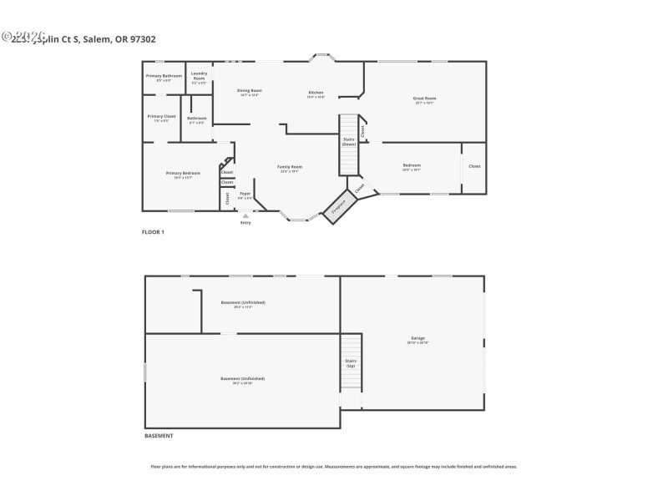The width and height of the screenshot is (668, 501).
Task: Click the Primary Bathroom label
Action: [x=164, y=78]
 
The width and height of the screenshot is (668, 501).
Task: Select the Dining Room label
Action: [x=249, y=92]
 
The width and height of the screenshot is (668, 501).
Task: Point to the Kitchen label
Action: [x=316, y=94]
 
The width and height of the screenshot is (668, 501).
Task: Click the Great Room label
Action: [x=424, y=100]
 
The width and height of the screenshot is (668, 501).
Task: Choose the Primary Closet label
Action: [x=161, y=118]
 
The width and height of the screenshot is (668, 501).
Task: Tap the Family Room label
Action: [x=290, y=169]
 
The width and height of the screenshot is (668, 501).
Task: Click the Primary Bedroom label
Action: [x=183, y=175]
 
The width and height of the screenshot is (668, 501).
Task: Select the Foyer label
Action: [x=245, y=195]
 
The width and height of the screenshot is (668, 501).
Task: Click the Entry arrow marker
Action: [x=245, y=215]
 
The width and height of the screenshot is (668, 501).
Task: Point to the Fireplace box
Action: [x=339, y=207]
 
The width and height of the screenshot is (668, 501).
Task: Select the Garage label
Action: [x=417, y=340]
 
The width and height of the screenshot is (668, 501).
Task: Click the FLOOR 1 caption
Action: [x=153, y=231]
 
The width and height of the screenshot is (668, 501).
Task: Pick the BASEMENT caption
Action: [x=159, y=436]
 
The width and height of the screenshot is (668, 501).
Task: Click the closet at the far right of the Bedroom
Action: [x=474, y=167]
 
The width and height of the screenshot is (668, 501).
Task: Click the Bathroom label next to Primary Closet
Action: [x=196, y=119]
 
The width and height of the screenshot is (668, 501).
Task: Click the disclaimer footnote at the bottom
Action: [x=333, y=467]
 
